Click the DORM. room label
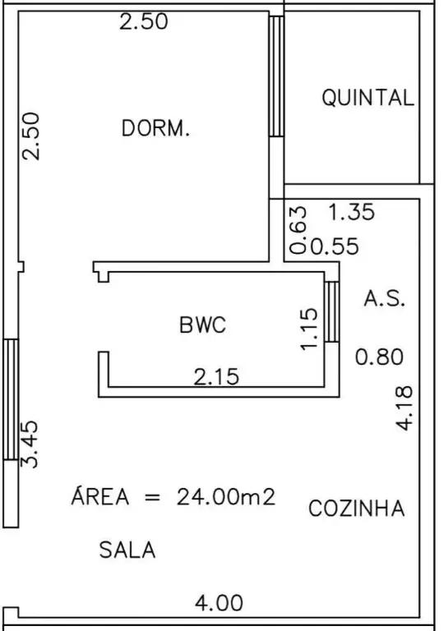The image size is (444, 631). point(155,128)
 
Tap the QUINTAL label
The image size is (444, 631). point(368,98)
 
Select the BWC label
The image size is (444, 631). point(202,325)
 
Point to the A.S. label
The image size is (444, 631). point(384,298)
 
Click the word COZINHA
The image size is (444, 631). point(357,508)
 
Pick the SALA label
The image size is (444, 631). point(127,550)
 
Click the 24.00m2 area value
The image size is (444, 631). point(226,497)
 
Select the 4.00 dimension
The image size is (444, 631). point(220,603)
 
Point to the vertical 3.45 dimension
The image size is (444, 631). point(30,444)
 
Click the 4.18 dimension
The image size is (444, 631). point(404,408)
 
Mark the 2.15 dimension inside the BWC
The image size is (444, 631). point(216,377)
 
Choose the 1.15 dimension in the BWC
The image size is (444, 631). point(309,329)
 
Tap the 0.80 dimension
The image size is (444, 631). point(379,357)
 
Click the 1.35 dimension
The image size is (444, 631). point(352,212)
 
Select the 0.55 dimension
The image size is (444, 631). point(335,246)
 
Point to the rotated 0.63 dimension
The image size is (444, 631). point(298,230)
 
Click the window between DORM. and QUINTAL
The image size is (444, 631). point(276,76)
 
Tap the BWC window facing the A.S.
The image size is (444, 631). point(331,312)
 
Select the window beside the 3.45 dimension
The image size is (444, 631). point(11,399)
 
